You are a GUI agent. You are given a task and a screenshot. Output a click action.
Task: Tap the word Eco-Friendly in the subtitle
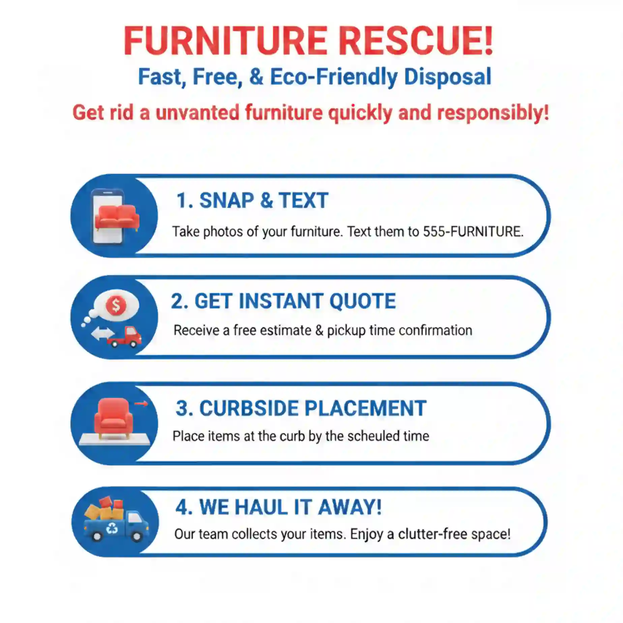click(x=334, y=77)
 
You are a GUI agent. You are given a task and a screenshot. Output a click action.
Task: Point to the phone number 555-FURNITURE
click(x=473, y=232)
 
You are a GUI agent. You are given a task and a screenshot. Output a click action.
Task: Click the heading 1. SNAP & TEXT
click(x=253, y=201)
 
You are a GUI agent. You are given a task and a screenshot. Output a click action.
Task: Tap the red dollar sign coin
click(x=116, y=306)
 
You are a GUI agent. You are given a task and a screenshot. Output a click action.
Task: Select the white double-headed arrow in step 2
click(x=103, y=333)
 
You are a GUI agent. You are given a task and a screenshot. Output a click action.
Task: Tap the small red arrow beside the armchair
click(x=141, y=404)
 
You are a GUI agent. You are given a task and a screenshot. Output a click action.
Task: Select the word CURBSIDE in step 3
click(x=249, y=409)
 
